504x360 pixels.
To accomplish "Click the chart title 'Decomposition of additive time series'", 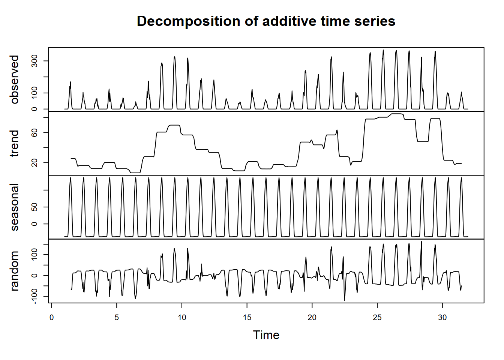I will [266, 21].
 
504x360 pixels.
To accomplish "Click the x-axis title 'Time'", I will [266, 335].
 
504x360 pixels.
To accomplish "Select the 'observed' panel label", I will [15, 79].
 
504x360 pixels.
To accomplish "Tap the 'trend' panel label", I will [15, 143].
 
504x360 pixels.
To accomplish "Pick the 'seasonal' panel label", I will [15, 207].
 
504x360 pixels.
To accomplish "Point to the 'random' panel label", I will [15, 271].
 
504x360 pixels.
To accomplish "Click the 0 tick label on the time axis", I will [51, 318].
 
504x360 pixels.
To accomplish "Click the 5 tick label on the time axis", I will [117, 318].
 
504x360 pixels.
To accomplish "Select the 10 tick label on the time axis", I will [182, 318].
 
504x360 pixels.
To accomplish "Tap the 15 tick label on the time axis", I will [247, 318].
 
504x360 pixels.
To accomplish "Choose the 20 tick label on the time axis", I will [312, 318].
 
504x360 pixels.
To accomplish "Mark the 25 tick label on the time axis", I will [377, 318].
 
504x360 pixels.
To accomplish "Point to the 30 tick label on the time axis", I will [442, 318].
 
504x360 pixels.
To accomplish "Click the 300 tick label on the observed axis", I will [35, 61].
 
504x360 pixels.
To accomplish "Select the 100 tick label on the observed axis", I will [35, 93].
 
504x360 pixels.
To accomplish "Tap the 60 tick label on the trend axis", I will [35, 133].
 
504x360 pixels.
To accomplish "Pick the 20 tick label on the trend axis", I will [35, 163].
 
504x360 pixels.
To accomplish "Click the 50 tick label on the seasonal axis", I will [35, 207].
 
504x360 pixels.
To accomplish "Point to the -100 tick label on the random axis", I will [35, 297].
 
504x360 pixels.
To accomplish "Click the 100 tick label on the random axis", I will [35, 255].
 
